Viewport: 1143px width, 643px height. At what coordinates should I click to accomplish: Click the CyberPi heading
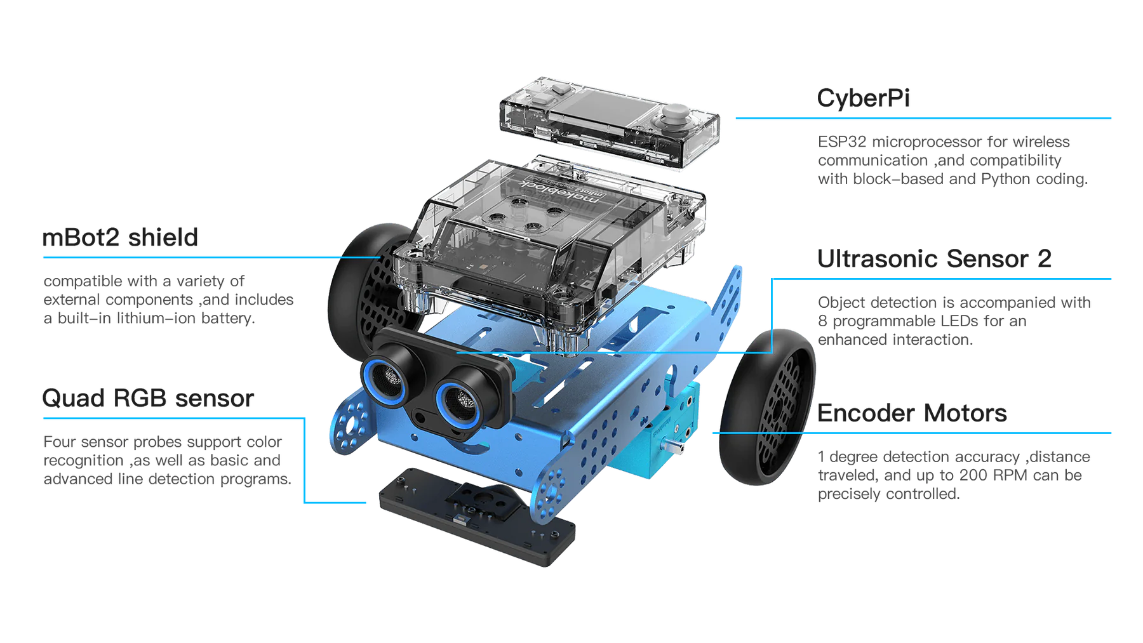(x=863, y=98)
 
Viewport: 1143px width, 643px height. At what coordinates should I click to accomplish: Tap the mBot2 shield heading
(x=120, y=237)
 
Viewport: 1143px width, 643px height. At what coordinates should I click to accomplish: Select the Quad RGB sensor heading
(x=148, y=398)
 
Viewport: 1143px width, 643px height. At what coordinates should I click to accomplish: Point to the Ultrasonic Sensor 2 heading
(x=934, y=259)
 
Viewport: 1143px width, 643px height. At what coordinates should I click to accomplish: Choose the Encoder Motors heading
(x=912, y=413)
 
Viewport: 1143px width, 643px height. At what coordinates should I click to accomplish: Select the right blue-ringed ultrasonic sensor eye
(x=459, y=401)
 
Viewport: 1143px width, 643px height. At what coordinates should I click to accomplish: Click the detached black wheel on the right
(x=767, y=406)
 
